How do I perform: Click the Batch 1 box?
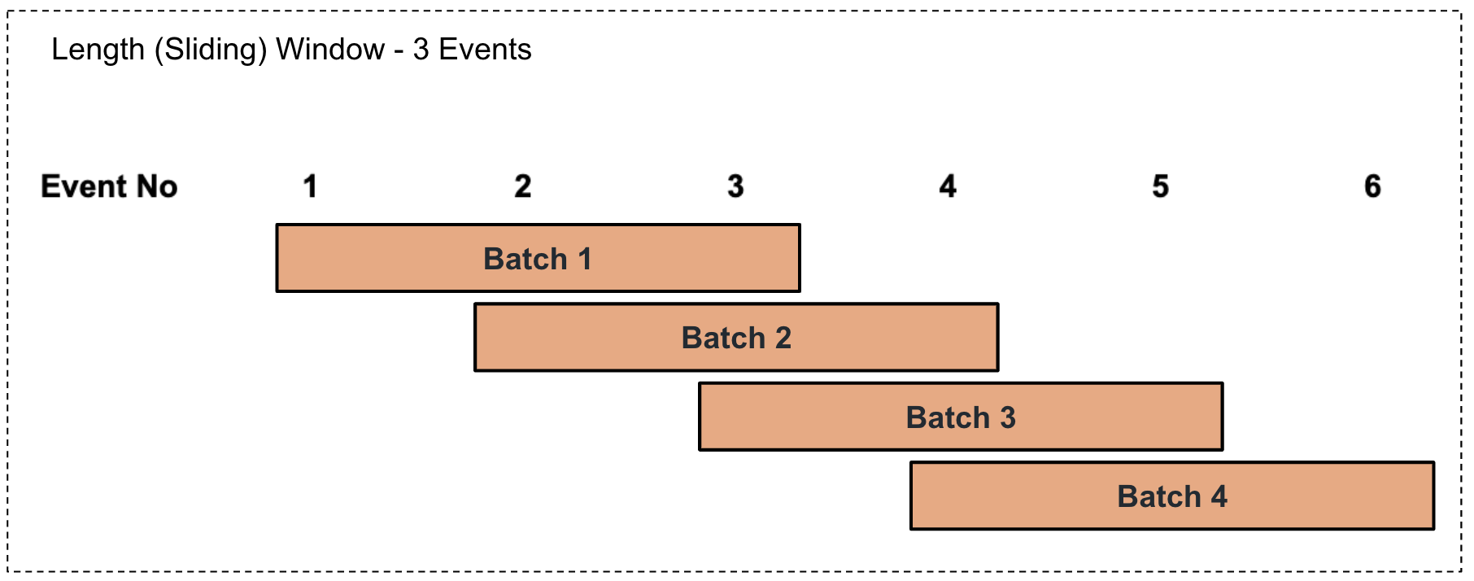[x=538, y=258]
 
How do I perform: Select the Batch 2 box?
[x=736, y=337]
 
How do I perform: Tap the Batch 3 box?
[x=961, y=417]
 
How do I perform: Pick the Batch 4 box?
[x=1172, y=496]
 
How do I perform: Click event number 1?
[x=310, y=186]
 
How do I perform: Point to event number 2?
[x=523, y=186]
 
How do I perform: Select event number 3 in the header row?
[x=735, y=186]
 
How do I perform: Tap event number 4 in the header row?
[x=948, y=186]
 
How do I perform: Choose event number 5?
[x=1161, y=186]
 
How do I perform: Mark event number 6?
[x=1373, y=186]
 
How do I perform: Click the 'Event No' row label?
[x=109, y=186]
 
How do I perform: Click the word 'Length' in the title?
[x=98, y=50]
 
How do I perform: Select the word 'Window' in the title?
[x=330, y=50]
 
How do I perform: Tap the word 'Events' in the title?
[x=486, y=50]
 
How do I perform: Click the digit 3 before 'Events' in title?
[x=421, y=50]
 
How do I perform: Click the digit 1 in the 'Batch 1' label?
[x=584, y=259]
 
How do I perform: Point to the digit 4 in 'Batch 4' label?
[x=1219, y=496]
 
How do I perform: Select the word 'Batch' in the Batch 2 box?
[x=723, y=338]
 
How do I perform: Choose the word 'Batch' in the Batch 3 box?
[x=948, y=417]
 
